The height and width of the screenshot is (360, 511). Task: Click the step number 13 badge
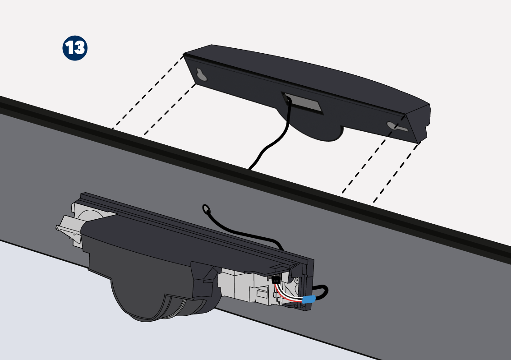coord(75,48)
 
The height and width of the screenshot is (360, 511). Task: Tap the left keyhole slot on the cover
coord(202,75)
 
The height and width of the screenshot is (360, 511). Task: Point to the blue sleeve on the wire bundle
coord(309,299)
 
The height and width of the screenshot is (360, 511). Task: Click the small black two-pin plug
coord(276,279)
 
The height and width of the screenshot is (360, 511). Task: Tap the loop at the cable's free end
coord(206,209)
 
